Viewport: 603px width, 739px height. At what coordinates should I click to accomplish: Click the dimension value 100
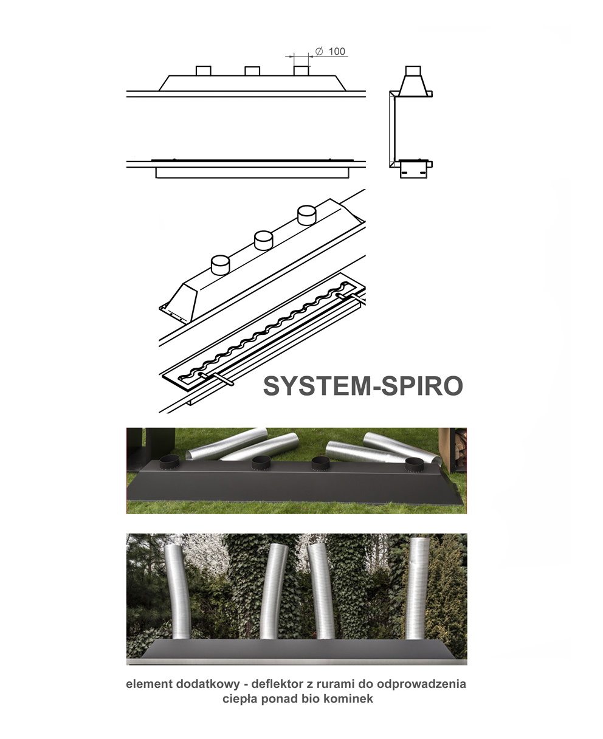tap(337, 52)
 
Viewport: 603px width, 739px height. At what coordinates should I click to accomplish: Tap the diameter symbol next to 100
tap(319, 51)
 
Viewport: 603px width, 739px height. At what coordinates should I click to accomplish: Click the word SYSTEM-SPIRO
tap(363, 386)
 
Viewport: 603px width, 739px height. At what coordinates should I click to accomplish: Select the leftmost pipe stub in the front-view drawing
tap(204, 70)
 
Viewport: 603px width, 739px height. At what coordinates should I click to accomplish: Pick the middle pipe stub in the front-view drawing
tap(252, 70)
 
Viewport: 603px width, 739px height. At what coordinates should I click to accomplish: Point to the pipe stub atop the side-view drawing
tap(413, 70)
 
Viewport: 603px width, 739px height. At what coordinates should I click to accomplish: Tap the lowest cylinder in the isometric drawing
tap(221, 266)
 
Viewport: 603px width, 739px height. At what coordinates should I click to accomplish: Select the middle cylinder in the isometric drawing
tap(264, 241)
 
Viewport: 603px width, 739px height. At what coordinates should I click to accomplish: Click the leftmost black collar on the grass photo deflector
tap(170, 462)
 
